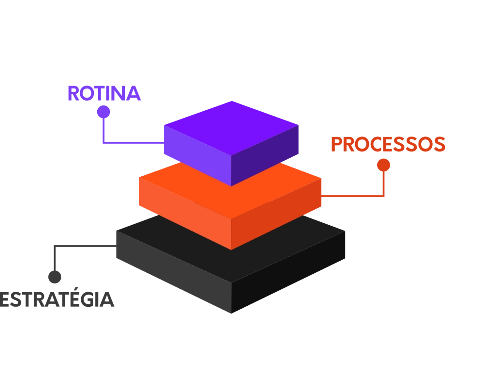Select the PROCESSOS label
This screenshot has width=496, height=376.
coord(388,144)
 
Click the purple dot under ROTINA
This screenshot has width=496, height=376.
coord(103,112)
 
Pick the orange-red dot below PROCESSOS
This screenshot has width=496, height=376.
coord(383,165)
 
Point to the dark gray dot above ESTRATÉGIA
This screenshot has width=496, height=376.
coord(55,277)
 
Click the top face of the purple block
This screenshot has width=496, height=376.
coord(231,128)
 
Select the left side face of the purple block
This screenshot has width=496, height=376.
coord(198,155)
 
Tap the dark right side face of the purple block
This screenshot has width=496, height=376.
coord(265,155)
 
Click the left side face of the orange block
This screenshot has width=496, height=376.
coord(185,213)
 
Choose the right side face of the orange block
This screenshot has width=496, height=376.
coord(276,214)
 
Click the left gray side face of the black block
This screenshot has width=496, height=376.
coord(174,272)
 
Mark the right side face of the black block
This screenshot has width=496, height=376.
coord(288,272)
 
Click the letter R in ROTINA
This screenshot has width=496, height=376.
coord(73,93)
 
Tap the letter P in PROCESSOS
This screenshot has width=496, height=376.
coord(337,144)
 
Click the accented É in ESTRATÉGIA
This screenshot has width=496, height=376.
coord(76,297)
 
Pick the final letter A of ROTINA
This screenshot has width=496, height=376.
coord(134,93)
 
